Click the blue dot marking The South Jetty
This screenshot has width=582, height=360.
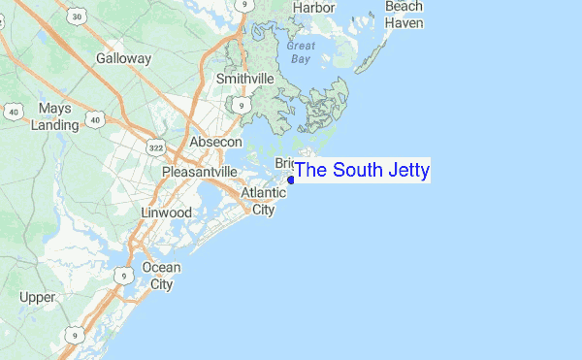[291, 180]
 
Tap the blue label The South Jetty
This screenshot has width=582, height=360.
[362, 171]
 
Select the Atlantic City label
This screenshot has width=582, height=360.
[264, 201]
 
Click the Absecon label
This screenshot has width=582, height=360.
[215, 142]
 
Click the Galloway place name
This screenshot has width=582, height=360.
[124, 58]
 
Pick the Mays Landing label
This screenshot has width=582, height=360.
[54, 116]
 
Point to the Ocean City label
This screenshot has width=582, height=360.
[161, 276]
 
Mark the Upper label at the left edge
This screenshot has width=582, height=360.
[37, 297]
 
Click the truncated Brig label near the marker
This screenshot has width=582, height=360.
[285, 163]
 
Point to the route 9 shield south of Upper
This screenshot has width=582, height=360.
[73, 335]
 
